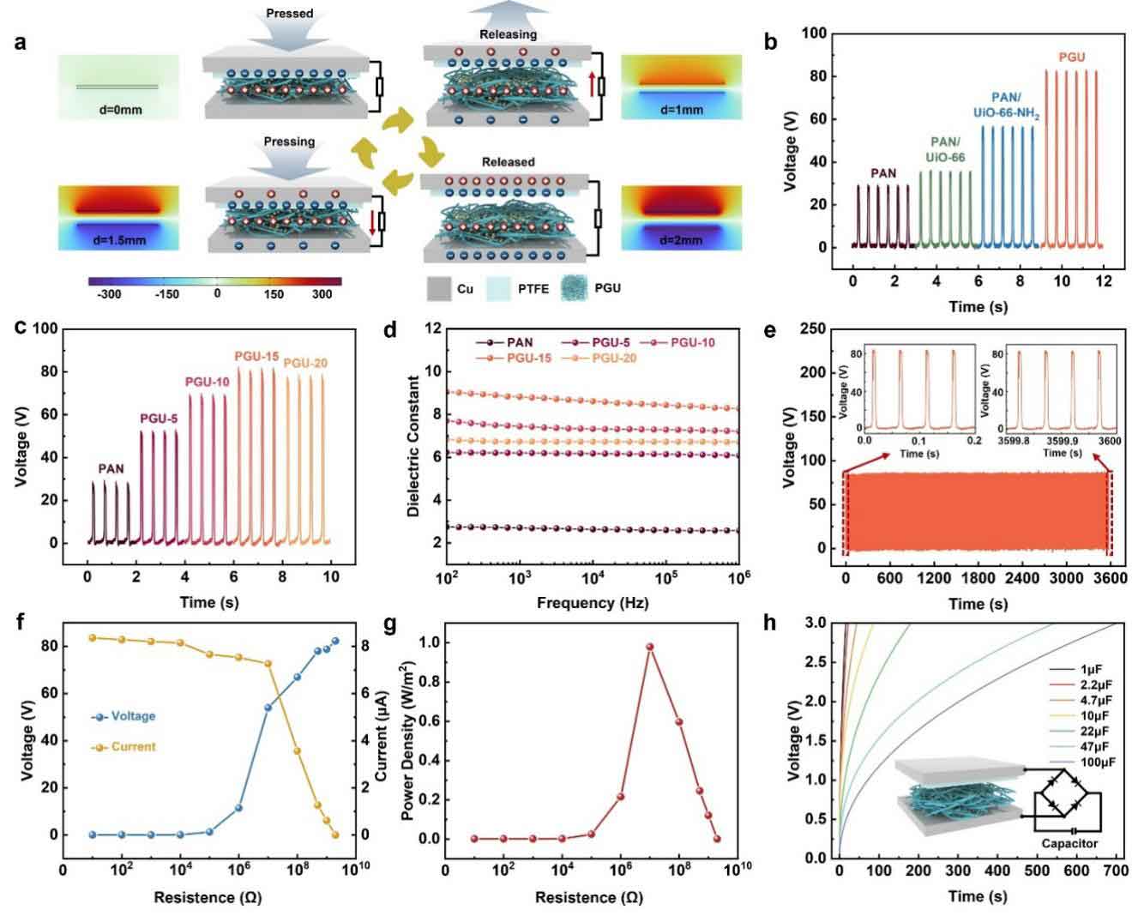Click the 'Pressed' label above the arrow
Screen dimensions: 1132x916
point(289,13)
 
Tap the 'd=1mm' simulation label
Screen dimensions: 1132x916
point(681,110)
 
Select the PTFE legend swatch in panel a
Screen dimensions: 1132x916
point(498,289)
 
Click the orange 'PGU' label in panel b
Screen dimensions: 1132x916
point(1071,57)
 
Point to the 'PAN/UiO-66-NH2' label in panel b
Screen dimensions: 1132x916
point(1006,105)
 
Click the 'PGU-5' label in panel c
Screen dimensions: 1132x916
point(159,419)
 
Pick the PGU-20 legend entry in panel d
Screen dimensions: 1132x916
point(599,359)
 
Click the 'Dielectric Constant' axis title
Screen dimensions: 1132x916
point(413,446)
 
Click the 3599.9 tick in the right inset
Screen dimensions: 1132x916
point(1062,441)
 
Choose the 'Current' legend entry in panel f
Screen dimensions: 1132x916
point(123,746)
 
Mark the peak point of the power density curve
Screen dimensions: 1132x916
point(649,647)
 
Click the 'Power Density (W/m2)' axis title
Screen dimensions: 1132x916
point(407,741)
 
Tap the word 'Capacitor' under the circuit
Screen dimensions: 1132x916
point(1069,843)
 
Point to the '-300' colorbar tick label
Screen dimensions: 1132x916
point(109,294)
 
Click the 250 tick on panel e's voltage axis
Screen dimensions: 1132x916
point(813,328)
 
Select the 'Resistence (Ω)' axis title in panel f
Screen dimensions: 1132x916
point(208,897)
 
